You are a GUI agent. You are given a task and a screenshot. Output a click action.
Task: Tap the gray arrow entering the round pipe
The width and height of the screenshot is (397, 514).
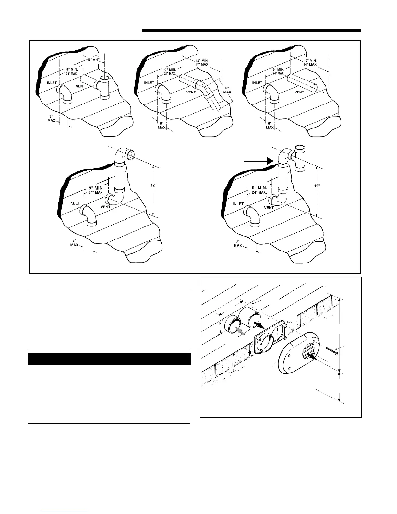(239, 331)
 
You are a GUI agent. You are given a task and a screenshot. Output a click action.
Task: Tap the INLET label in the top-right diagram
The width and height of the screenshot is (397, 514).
(257, 83)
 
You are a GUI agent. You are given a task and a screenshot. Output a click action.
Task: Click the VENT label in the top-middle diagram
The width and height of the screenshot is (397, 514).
(191, 92)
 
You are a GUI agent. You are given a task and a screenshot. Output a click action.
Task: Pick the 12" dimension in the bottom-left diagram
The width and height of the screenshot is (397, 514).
(154, 185)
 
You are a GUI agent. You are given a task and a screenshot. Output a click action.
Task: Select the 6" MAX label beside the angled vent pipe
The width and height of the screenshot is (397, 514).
(227, 90)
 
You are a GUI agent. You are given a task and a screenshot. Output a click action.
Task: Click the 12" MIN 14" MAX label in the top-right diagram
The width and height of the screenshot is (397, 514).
(310, 62)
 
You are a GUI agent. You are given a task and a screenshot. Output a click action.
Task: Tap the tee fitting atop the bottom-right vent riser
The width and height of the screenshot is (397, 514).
(299, 158)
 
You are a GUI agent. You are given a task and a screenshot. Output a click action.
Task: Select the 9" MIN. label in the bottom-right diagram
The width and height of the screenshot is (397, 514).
(259, 188)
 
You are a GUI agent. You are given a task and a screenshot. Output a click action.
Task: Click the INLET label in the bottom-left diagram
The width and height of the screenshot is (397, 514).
(75, 203)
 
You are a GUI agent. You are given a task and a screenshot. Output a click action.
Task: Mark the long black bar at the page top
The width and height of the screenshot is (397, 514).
(251, 31)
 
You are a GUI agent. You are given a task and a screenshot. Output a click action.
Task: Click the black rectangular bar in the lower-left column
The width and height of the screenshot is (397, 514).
(109, 359)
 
